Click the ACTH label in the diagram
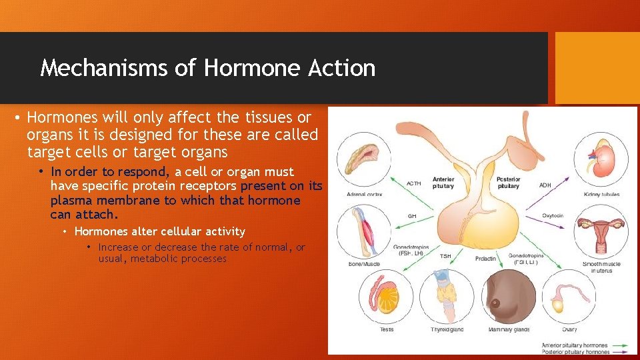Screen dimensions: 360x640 tap(413, 184)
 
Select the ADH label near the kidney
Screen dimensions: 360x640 tap(545, 184)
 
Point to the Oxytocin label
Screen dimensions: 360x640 tap(553, 215)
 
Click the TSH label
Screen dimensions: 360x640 tap(445, 256)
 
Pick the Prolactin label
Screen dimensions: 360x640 tap(485, 258)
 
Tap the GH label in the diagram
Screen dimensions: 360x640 tap(412, 216)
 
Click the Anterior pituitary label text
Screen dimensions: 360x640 tap(443, 183)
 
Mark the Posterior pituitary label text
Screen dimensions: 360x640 tap(508, 183)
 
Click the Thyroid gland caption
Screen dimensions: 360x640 tap(447, 329)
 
